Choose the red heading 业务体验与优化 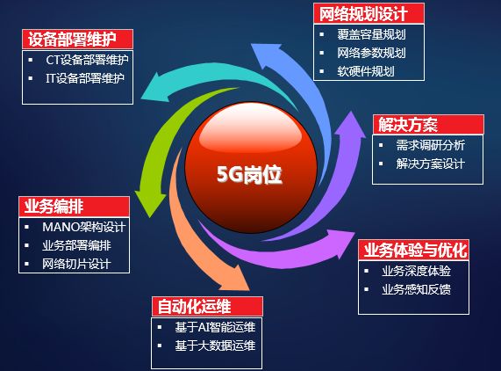tap(416, 250)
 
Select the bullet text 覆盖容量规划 tap(371, 35)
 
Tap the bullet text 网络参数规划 tap(371, 53)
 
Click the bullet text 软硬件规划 tap(366, 70)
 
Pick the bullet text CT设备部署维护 tap(88, 61)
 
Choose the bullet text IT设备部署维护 tap(86, 77)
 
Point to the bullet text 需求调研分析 tap(430, 145)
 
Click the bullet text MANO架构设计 tap(83, 227)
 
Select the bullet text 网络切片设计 tap(76, 263)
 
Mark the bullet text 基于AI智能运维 tap(214, 327)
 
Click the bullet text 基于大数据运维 tap(214, 346)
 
